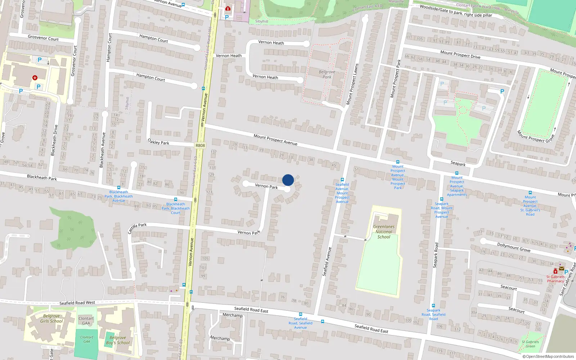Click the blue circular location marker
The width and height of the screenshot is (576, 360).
288,180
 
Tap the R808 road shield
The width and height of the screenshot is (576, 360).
200,145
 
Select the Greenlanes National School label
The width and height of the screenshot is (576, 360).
384,232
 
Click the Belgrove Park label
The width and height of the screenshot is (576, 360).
327,74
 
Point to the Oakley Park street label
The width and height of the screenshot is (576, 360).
158,142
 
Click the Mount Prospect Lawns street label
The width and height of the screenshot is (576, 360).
352,84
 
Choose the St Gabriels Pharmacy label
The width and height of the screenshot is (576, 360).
555,279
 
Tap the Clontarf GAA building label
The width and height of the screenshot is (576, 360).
86,321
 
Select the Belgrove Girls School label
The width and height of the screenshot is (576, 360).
51,319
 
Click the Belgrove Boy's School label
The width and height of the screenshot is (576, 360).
118,340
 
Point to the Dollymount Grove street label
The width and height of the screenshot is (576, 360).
514,247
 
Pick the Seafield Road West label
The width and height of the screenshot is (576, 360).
77,303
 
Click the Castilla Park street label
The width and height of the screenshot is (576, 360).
137,228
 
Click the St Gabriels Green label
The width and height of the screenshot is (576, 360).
531,344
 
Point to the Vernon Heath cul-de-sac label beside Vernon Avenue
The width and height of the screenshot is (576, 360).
229,56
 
